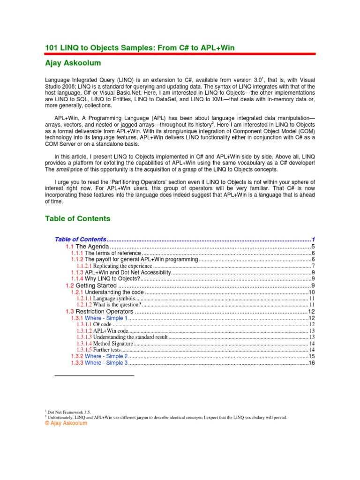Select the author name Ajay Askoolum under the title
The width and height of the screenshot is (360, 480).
click(73, 63)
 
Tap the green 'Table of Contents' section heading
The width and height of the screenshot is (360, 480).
click(77, 218)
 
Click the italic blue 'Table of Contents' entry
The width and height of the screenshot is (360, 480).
click(81, 239)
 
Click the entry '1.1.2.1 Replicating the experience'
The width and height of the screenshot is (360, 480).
click(114, 266)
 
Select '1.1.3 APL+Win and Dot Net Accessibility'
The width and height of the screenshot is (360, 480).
click(121, 272)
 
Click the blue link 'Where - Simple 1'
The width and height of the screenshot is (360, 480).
click(106, 318)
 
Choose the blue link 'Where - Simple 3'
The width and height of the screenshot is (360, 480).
click(106, 363)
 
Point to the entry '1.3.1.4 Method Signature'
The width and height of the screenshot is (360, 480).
click(108, 344)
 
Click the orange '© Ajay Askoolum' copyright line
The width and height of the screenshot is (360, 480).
click(66, 423)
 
